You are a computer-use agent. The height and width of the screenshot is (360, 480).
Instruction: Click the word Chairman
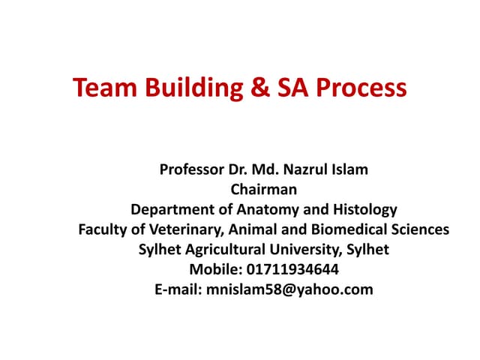[x=264, y=189]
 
